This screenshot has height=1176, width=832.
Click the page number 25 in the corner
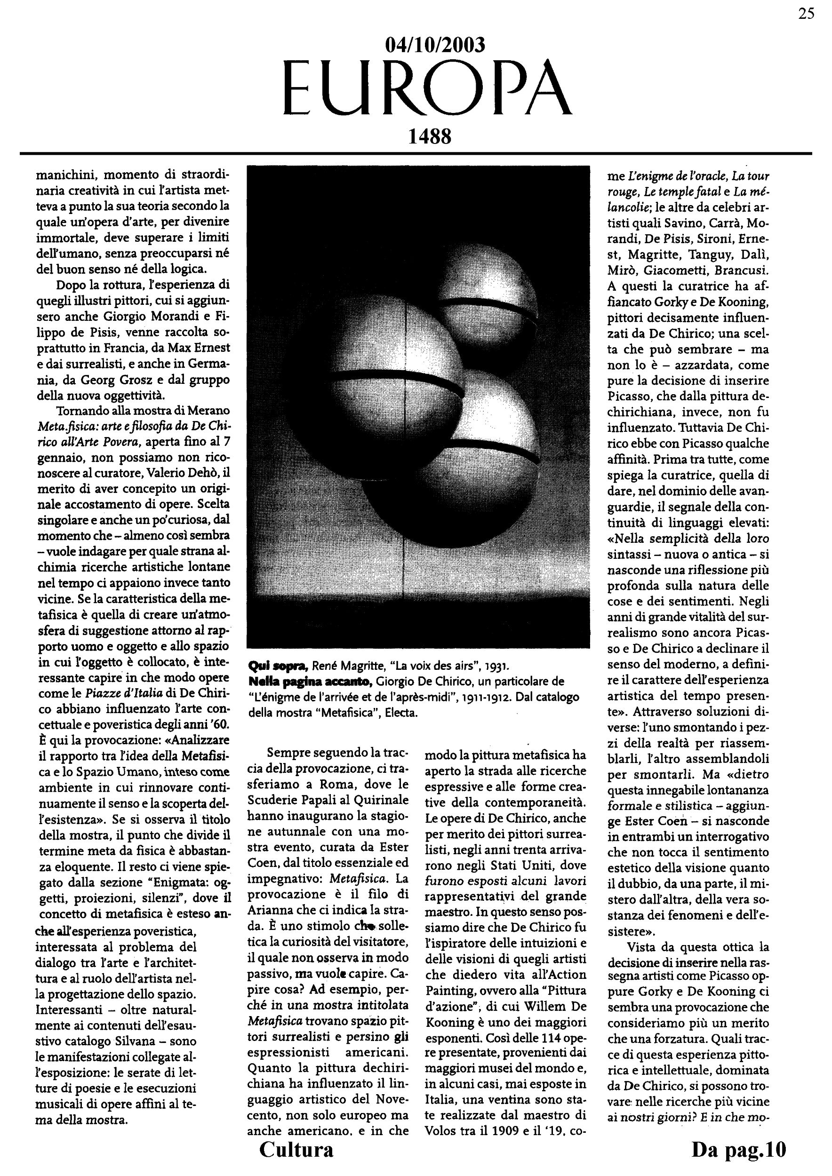806,14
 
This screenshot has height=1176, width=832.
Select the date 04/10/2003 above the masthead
434,46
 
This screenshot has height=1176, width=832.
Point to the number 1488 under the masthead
429,137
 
